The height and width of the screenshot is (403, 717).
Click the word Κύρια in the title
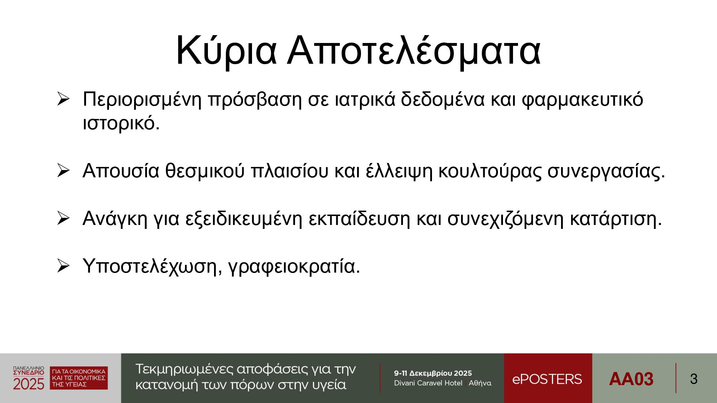point(226,51)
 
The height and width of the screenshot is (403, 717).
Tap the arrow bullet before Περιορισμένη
point(63,99)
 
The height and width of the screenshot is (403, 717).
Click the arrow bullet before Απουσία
point(63,171)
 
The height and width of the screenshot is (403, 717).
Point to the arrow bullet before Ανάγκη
point(63,218)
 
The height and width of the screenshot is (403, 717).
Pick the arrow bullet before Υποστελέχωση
point(63,266)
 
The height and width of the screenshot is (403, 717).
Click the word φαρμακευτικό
point(583,100)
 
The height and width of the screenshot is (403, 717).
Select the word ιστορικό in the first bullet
point(119,123)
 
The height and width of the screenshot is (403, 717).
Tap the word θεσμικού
point(205,171)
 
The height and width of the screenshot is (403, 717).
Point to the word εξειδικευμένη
point(244,219)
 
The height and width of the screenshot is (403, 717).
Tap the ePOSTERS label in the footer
point(547,379)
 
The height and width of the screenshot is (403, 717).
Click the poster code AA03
point(631,379)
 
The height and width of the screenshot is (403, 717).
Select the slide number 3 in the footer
point(694,379)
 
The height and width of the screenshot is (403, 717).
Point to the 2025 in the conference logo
point(29,384)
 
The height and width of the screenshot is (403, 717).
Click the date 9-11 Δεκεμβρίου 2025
point(433,373)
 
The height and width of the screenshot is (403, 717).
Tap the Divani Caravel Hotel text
point(428,383)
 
